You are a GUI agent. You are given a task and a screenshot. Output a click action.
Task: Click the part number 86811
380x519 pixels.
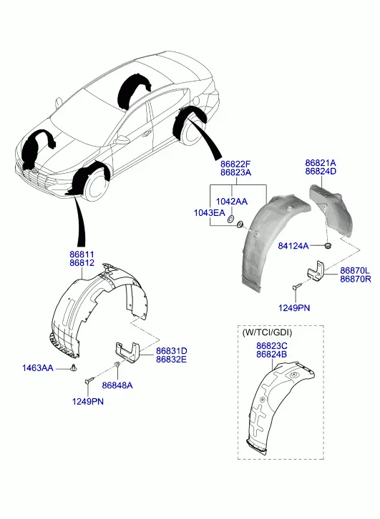[82, 254]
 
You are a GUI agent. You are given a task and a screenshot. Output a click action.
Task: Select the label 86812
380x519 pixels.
[82, 263]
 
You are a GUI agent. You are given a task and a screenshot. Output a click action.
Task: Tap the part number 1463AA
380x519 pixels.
[38, 368]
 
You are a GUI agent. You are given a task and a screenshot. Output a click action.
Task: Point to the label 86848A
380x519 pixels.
[117, 385]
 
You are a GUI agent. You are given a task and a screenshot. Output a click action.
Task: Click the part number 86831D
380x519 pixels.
[172, 351]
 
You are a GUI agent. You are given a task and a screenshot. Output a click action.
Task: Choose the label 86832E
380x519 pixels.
[172, 359]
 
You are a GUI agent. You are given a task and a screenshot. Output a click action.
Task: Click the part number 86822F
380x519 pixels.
[236, 164]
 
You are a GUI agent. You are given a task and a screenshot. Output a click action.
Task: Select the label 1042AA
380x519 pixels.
[232, 202]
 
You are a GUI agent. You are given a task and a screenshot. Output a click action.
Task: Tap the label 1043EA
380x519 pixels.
[210, 212]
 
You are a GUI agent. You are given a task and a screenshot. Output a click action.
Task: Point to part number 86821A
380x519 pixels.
[321, 163]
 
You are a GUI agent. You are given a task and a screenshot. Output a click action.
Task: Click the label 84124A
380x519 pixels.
[293, 246]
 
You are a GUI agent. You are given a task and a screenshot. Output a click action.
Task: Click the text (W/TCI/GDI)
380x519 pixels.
[268, 332]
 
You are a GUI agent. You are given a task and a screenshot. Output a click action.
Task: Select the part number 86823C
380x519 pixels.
[272, 346]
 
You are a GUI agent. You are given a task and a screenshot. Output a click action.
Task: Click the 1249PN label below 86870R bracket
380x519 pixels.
[294, 308]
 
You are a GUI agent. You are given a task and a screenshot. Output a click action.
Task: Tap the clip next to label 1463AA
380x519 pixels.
[73, 367]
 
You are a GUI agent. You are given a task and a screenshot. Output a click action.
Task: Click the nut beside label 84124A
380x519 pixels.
[328, 246]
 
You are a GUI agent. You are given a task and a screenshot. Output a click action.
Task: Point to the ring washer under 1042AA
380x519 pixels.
[231, 219]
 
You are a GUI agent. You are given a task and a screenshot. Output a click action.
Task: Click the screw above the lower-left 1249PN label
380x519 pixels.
[89, 380]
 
